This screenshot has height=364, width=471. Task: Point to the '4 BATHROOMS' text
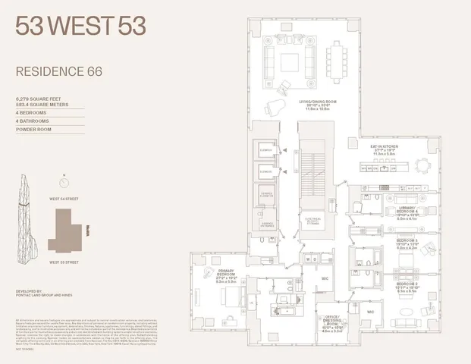click(34, 121)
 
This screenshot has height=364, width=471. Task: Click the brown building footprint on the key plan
click(68, 231)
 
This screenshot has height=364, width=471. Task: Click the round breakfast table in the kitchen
click(421, 165)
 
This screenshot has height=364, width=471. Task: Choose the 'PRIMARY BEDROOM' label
click(209, 276)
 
